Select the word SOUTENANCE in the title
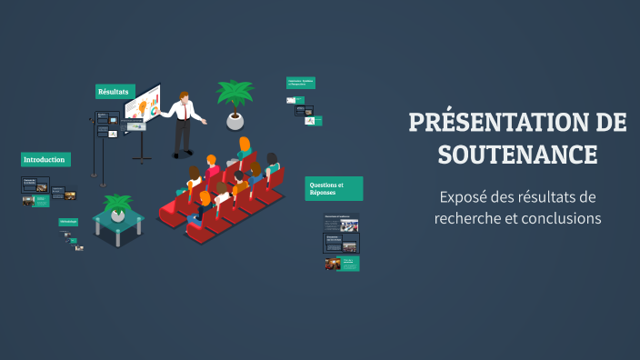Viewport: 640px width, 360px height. [x=517, y=155]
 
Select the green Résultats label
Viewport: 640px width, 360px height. [x=115, y=91]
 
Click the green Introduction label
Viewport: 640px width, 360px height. [x=45, y=160]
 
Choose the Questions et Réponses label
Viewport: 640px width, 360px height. [x=334, y=188]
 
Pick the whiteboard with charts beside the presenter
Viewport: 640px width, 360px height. [x=142, y=107]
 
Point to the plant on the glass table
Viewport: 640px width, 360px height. [x=118, y=204]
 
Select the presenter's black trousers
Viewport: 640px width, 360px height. [x=183, y=136]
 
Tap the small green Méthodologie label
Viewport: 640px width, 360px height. [x=68, y=222]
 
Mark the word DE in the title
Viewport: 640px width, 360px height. [x=609, y=124]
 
